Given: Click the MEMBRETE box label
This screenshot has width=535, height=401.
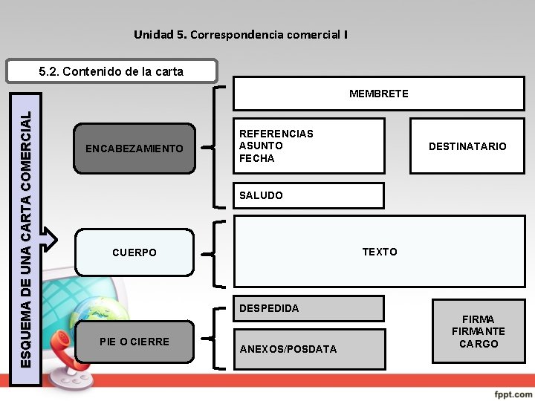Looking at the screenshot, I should [378, 94].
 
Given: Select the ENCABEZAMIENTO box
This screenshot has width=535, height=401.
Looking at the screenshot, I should [134, 149].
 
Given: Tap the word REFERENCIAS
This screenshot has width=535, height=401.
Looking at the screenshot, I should [276, 134].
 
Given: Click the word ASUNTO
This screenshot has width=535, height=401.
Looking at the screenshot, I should [261, 146].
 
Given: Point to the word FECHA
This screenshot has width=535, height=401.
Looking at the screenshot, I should [256, 158].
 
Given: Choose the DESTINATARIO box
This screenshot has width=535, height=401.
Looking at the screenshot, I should [467, 146].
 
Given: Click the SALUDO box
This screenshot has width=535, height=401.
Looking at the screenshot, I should [308, 195].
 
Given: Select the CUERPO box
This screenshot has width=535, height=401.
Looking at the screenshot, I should [134, 252].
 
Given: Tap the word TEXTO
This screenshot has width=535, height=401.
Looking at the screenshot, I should [379, 252].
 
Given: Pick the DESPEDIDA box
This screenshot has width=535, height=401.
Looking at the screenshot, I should [308, 308].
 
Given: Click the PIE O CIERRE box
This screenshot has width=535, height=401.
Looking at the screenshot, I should [134, 342].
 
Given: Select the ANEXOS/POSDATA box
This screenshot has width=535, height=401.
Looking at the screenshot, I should [308, 349].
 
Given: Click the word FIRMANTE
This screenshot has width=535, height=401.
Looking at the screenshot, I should [478, 331].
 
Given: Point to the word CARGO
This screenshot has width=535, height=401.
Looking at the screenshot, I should [478, 344].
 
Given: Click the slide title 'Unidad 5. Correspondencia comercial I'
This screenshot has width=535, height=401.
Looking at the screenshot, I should [240, 34].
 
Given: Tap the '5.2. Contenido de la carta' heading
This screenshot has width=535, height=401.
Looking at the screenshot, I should [111, 71].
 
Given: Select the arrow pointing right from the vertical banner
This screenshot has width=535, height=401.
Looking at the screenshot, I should [47, 238].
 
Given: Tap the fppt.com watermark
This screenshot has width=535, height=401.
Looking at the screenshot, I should [512, 391].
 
